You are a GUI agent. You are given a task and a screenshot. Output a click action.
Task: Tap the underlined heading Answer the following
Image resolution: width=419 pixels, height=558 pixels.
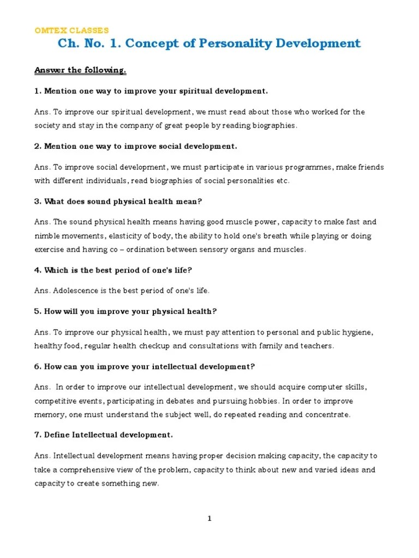coord(80,70)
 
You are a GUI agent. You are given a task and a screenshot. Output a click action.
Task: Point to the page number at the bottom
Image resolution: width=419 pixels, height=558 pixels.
coord(209,518)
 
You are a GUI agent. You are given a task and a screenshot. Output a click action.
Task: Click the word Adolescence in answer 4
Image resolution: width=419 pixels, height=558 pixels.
coord(76,290)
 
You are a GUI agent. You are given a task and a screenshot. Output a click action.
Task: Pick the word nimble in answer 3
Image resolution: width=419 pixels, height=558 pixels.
coord(48,235)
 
